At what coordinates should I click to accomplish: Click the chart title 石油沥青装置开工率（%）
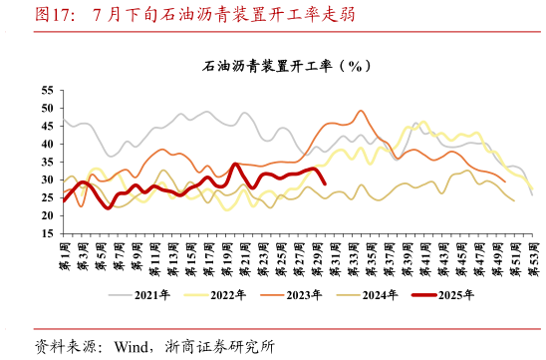click(287, 66)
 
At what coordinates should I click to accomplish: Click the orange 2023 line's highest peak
click(361, 111)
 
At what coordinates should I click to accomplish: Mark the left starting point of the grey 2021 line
click(64, 120)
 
